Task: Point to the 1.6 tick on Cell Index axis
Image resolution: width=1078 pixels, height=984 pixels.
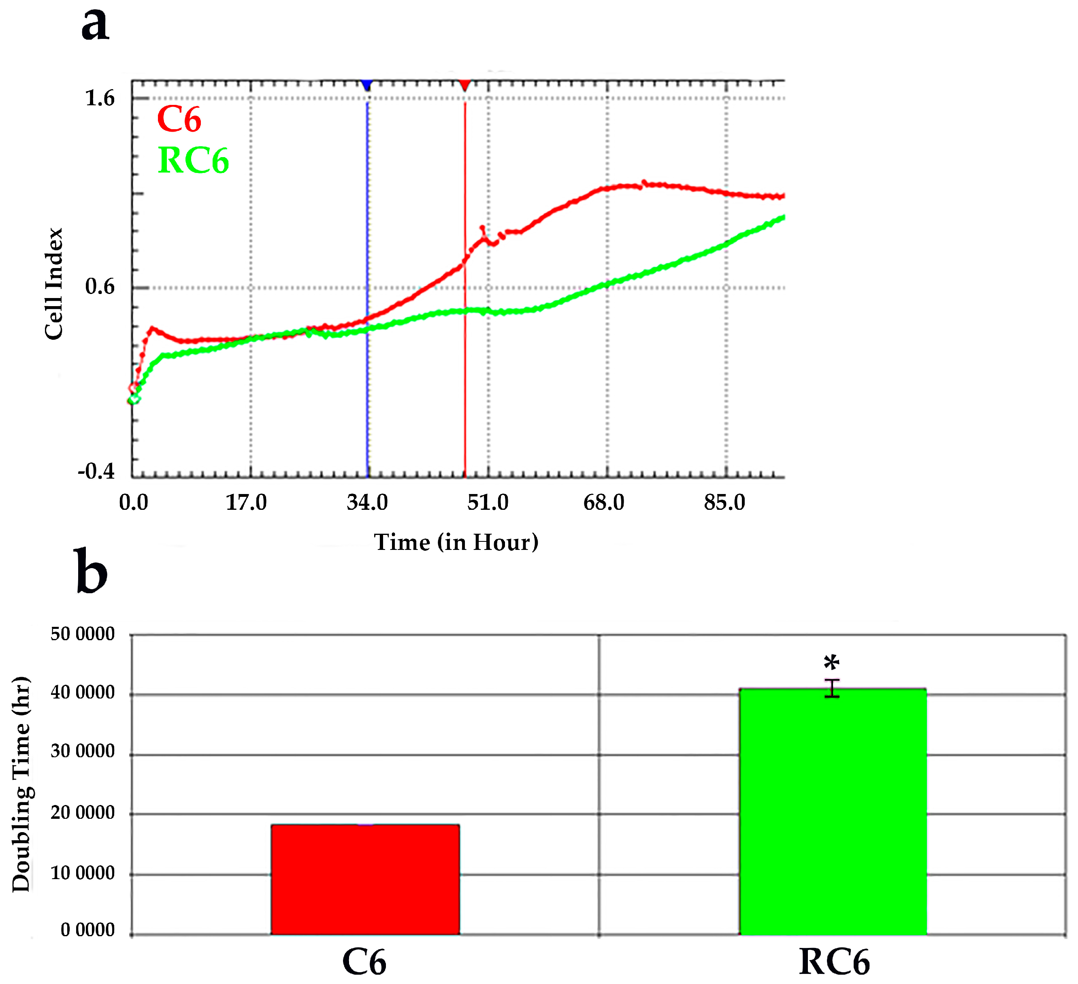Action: click(100, 98)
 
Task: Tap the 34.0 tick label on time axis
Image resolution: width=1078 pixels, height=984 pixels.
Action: click(367, 503)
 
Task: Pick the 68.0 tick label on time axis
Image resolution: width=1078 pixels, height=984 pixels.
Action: click(604, 503)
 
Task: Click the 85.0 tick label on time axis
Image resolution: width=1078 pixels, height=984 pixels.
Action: click(724, 503)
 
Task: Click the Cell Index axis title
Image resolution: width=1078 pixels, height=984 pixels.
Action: click(54, 284)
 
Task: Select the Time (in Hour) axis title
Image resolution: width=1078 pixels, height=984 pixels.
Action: click(456, 542)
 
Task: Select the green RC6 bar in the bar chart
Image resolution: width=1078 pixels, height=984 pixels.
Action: click(833, 813)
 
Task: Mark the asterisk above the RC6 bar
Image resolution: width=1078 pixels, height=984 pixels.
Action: click(831, 664)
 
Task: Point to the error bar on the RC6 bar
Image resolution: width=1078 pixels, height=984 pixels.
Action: click(832, 688)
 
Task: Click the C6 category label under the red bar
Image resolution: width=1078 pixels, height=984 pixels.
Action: click(364, 962)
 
